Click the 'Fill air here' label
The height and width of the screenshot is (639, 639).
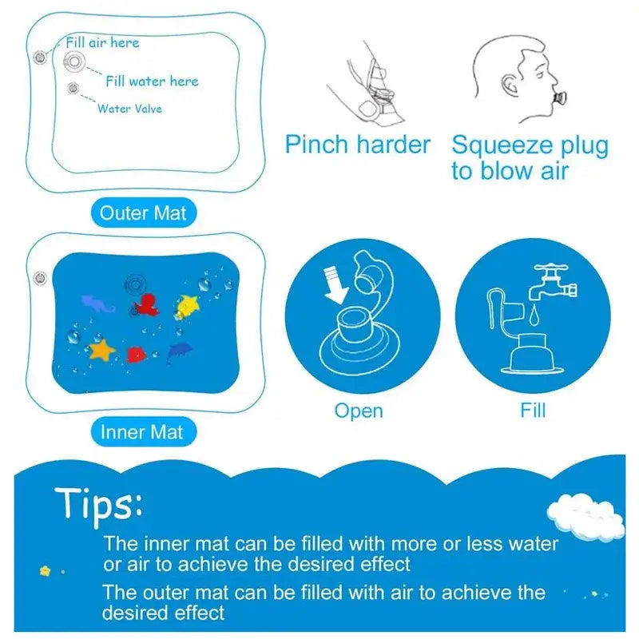click(x=102, y=42)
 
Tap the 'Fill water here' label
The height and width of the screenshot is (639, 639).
click(x=152, y=81)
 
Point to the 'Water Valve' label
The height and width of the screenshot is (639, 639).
click(x=129, y=108)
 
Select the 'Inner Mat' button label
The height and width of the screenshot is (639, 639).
click(x=141, y=432)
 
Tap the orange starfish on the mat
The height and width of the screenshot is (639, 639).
click(x=102, y=349)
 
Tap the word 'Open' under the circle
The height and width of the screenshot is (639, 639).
click(x=359, y=411)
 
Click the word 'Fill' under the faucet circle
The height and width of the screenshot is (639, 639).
click(x=533, y=411)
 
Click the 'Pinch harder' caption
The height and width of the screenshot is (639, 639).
click(x=357, y=145)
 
